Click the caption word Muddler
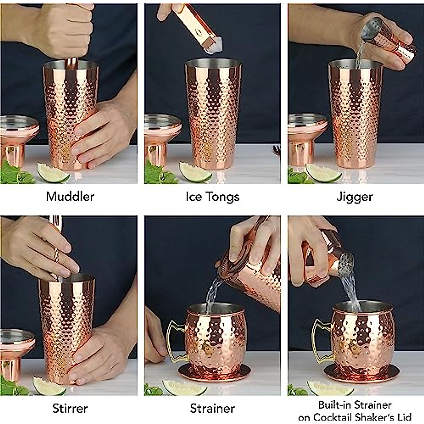click(70, 196)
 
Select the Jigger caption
click(354, 197)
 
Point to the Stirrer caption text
click(70, 408)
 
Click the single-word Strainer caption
click(212, 408)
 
